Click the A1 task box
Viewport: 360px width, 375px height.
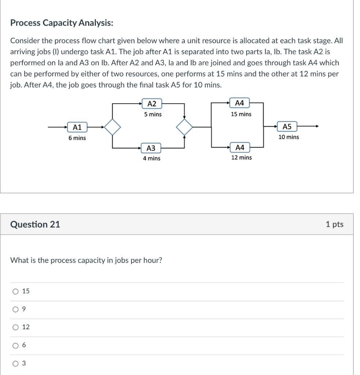(77, 127)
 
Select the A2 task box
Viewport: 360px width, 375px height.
(152, 104)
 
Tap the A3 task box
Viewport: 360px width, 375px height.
(151, 148)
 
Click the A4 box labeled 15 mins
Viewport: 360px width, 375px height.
(240, 103)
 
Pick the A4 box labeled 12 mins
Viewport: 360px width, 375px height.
(240, 148)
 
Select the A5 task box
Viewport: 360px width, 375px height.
(287, 127)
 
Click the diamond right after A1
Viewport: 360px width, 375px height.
(113, 127)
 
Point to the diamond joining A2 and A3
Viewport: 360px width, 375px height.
(184, 127)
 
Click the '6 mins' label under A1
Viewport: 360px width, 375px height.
(77, 138)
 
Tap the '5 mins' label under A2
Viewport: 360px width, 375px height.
(153, 114)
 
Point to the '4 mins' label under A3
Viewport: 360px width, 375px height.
(151, 158)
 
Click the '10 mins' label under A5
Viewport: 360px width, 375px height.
(288, 137)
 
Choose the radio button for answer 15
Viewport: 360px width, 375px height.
(15, 292)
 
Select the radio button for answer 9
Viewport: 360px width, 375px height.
(15, 309)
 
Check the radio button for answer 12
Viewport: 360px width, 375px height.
(15, 327)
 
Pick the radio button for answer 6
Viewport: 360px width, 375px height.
(15, 345)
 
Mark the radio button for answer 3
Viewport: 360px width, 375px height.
(15, 364)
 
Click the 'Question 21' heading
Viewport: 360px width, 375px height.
(35, 224)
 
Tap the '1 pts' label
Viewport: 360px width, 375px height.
(334, 224)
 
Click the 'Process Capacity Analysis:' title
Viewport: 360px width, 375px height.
(61, 23)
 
